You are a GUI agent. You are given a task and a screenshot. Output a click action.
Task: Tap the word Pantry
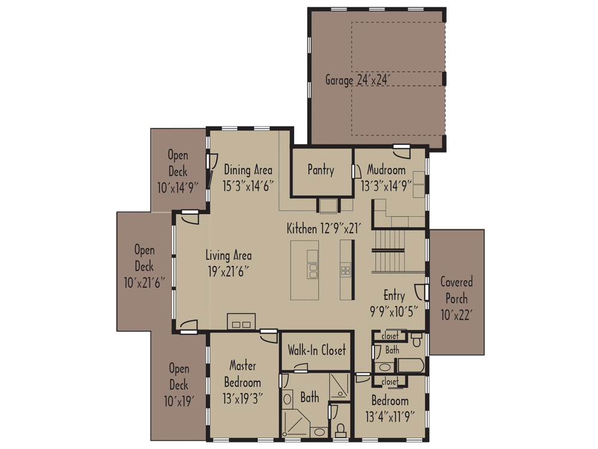pyautogui.click(x=321, y=170)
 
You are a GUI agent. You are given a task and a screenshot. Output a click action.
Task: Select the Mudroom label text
pyautogui.click(x=386, y=169)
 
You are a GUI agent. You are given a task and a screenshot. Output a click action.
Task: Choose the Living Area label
pyautogui.click(x=228, y=262)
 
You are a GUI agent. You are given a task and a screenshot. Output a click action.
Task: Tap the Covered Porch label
pyautogui.click(x=456, y=298)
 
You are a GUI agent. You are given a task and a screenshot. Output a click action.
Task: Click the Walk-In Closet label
pyautogui.click(x=317, y=350)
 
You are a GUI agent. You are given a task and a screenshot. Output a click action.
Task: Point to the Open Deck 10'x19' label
pyautogui.click(x=178, y=385)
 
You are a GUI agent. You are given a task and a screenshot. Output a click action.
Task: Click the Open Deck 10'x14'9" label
pyautogui.click(x=178, y=171)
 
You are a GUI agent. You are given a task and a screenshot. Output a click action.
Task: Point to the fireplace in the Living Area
pyautogui.click(x=241, y=321)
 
